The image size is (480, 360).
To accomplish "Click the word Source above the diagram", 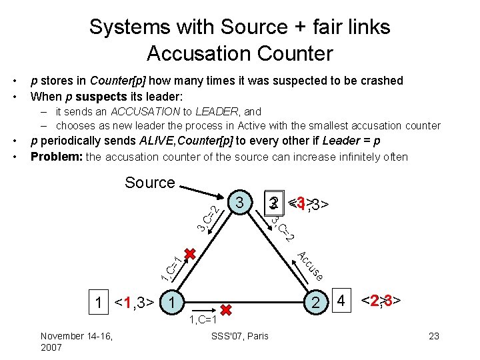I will [x=150, y=183].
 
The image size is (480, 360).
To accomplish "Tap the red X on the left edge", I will [x=190, y=255].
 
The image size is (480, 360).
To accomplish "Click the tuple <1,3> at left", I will [x=135, y=304].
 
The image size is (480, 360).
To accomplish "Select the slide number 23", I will [x=434, y=336].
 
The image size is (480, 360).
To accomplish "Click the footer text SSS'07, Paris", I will [x=239, y=336].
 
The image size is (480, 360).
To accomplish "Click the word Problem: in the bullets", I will [x=57, y=157].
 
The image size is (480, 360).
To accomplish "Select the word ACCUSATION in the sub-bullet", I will [x=144, y=111].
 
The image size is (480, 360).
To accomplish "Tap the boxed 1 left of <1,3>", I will [x=99, y=304].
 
